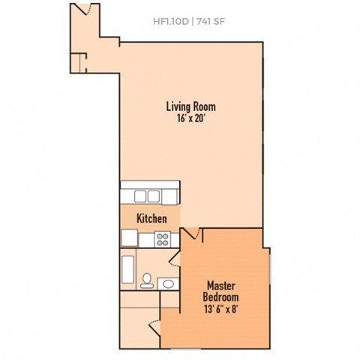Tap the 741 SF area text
209,20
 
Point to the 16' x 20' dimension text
191,118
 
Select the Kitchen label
151,219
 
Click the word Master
222,286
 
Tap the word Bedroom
222,298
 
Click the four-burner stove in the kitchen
163,239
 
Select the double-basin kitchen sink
150,196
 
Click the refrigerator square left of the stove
128,238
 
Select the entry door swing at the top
84,10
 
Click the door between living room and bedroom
193,235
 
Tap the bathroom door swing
174,262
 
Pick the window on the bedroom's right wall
269,265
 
